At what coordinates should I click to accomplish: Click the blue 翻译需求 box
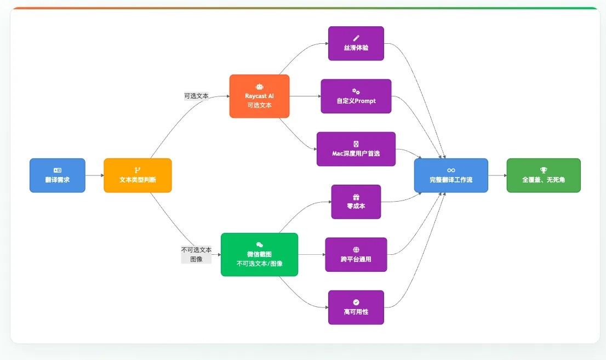click(x=58, y=175)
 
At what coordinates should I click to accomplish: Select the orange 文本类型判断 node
click(x=138, y=175)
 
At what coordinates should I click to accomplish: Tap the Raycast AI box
click(x=259, y=96)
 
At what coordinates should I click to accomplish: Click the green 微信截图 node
click(x=259, y=254)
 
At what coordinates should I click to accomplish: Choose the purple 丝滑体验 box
click(x=356, y=43)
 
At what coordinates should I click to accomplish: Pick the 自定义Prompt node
click(x=356, y=96)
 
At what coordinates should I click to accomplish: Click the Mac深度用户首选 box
click(x=356, y=149)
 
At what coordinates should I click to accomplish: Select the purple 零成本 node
click(x=356, y=202)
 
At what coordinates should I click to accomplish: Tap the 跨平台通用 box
click(x=356, y=254)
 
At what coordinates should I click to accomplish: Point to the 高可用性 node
click(x=356, y=307)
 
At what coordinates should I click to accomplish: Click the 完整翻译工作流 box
click(x=451, y=175)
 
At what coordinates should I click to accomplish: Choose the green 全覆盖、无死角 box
click(x=544, y=175)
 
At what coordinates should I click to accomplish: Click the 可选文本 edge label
click(x=196, y=96)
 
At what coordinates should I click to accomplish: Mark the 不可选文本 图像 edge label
click(x=196, y=254)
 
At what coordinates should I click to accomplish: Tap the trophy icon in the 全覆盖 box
click(x=544, y=170)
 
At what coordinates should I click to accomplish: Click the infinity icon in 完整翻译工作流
click(x=451, y=170)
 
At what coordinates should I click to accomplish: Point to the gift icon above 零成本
click(x=356, y=197)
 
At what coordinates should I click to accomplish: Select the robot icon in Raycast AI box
click(x=259, y=87)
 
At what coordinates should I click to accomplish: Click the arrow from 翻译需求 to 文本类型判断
click(x=95, y=175)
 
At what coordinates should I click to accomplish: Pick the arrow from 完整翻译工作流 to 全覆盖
click(x=498, y=175)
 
